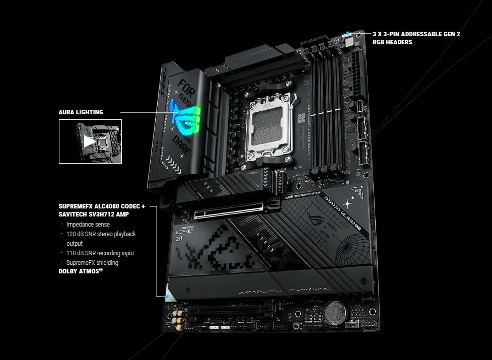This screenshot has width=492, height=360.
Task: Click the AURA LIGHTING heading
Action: tap(81, 112)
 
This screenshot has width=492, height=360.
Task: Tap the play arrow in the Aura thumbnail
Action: tap(89, 141)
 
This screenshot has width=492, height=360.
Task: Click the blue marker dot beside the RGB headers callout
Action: tap(347, 34)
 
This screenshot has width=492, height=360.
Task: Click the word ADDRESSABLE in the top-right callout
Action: tap(416, 34)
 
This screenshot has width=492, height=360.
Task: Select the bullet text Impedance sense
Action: tap(88, 225)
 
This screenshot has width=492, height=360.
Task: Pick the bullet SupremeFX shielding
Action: tap(92, 263)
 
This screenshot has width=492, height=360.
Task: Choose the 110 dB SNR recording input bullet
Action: tap(100, 253)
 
